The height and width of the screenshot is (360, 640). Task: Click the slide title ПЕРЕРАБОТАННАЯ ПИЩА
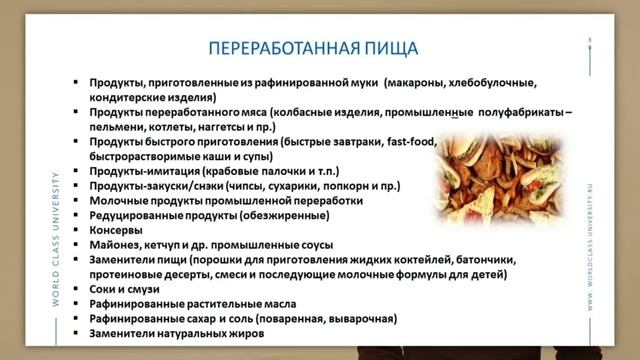(319, 48)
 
